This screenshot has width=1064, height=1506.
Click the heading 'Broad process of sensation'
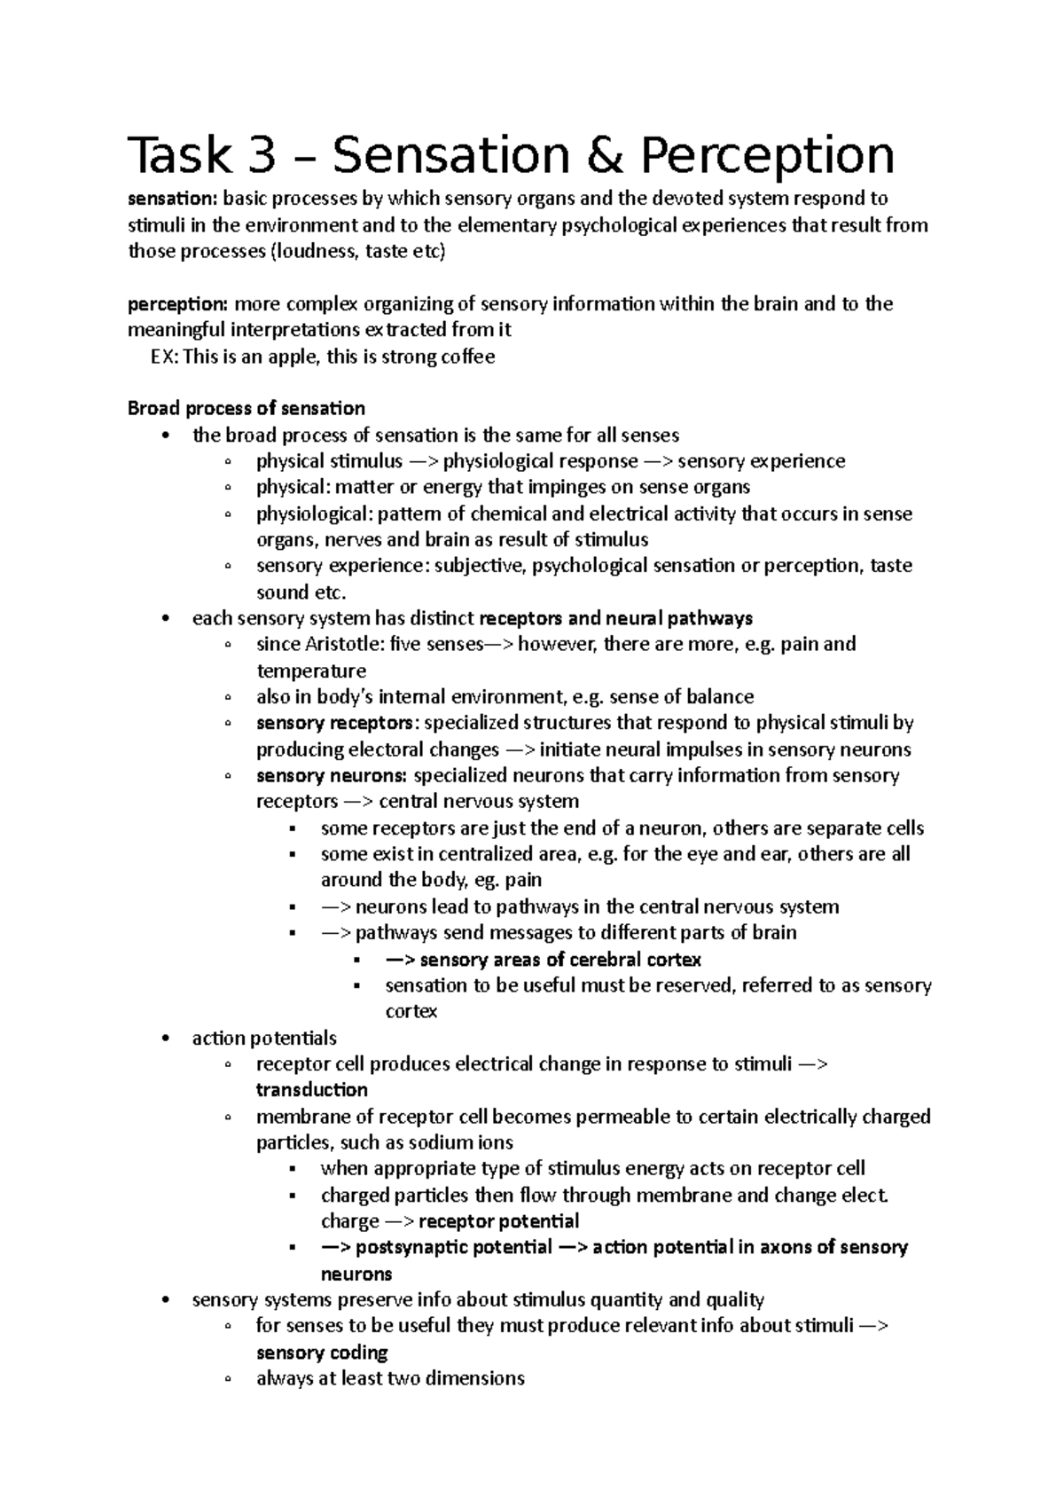click(x=246, y=409)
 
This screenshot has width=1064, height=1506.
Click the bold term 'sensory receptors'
click(x=334, y=723)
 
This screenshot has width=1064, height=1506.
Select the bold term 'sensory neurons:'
click(x=332, y=776)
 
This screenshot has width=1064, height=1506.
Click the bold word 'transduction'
click(x=311, y=1090)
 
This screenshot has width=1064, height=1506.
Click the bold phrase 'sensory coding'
click(x=322, y=1353)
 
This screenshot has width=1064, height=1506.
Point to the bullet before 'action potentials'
click(x=167, y=1039)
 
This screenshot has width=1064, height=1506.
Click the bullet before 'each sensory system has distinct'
click(x=167, y=619)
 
